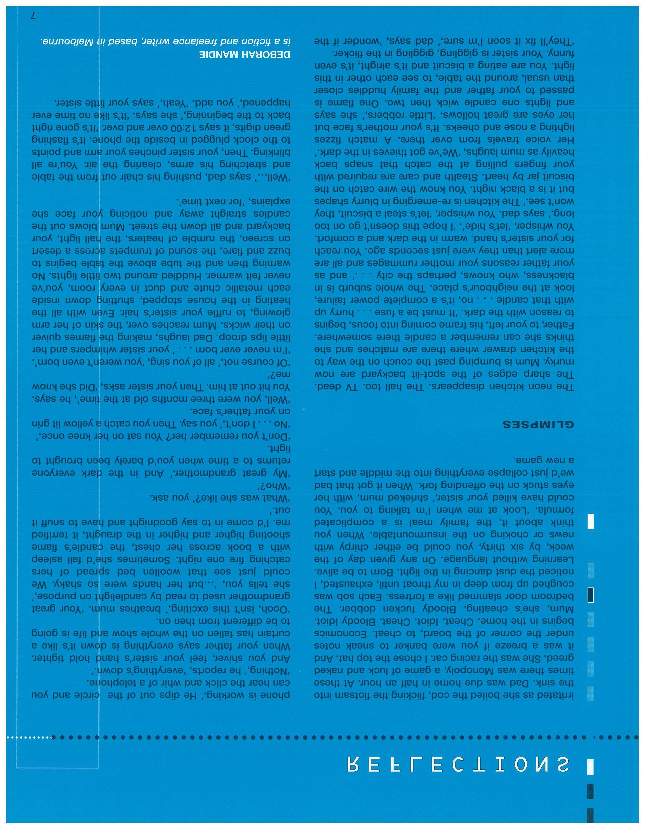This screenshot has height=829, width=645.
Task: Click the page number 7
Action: point(33,16)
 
